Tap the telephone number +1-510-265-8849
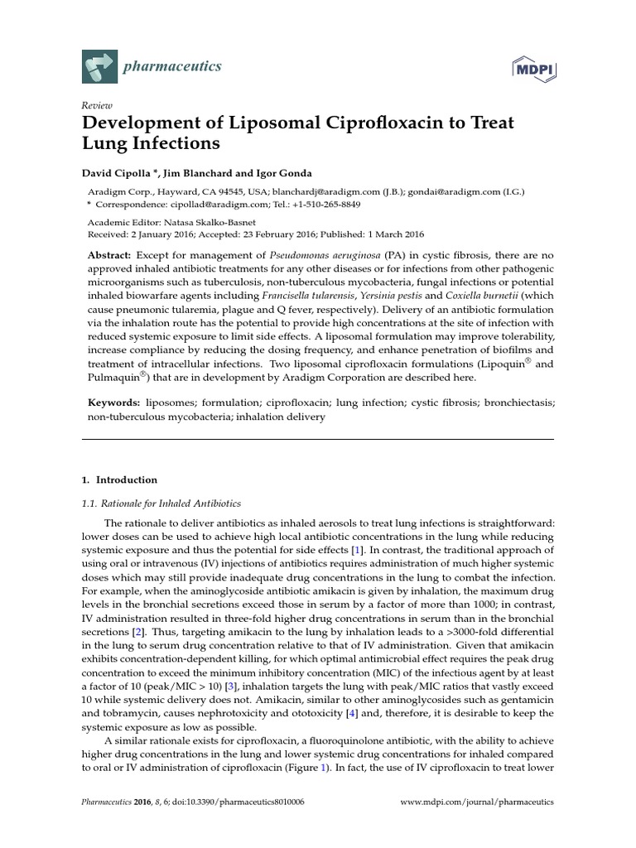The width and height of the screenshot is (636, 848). [x=323, y=204]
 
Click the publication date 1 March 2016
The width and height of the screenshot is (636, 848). [x=402, y=234]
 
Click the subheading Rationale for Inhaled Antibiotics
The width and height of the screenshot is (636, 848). [x=161, y=503]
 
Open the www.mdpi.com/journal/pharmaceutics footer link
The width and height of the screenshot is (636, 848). [x=476, y=802]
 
